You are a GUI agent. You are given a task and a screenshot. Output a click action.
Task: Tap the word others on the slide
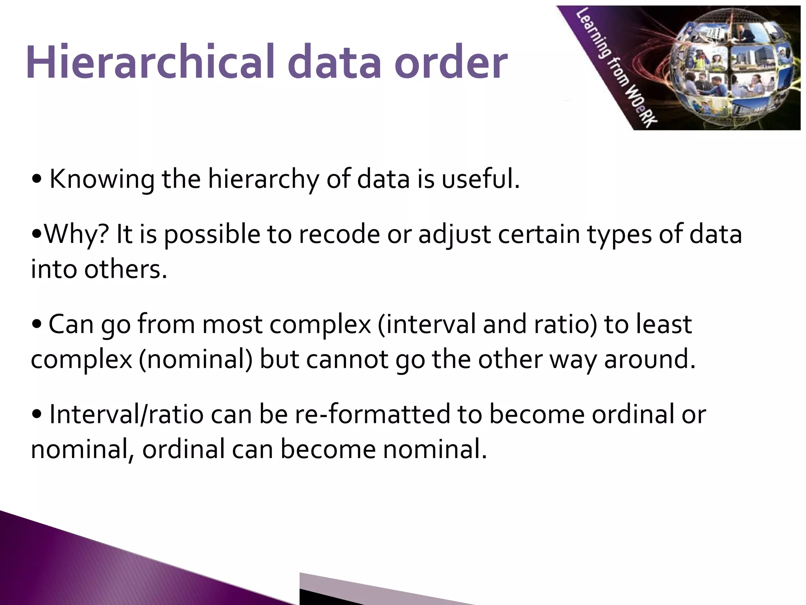coord(126,269)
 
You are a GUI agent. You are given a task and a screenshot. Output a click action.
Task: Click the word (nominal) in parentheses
coord(195,359)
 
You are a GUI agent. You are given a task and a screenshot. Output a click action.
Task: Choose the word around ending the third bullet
coord(649,359)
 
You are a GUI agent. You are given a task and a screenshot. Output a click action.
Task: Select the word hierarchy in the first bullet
coord(262,180)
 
